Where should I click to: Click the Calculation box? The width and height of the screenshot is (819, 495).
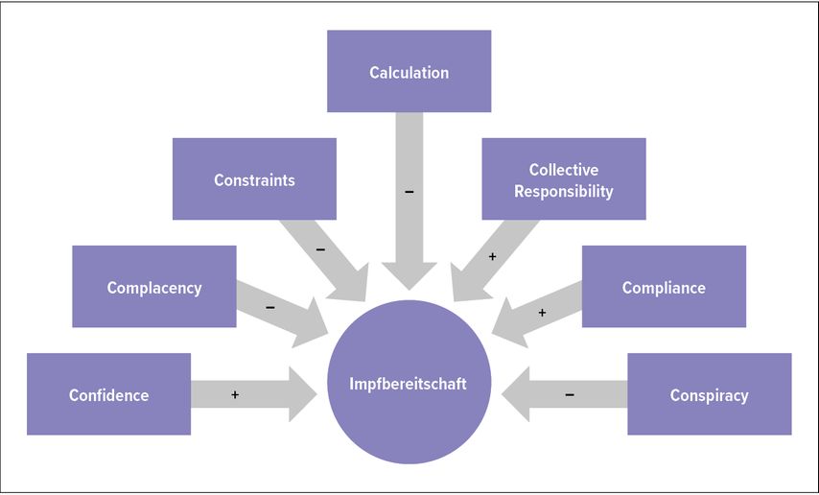point(409,72)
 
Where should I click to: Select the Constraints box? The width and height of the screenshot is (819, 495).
point(254,179)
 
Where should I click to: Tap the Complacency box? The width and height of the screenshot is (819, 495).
point(154,287)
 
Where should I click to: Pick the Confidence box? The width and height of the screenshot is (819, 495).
point(108,394)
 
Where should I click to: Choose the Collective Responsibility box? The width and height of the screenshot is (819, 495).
point(563,179)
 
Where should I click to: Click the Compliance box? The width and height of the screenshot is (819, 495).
point(664,287)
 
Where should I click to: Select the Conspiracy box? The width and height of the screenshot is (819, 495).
point(710,394)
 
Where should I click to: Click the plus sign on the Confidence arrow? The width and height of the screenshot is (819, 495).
point(234,394)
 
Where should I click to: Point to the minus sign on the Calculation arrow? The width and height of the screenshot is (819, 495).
point(409,192)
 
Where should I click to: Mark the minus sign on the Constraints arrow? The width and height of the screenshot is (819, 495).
point(320,249)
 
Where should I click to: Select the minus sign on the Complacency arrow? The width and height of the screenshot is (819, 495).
point(269,308)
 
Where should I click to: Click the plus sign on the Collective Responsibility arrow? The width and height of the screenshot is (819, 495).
point(492,257)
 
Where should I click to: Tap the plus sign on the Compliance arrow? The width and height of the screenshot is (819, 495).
point(542,312)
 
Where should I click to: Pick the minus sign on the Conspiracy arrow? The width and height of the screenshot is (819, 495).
point(570,394)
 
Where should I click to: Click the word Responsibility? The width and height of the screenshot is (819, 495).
point(563,191)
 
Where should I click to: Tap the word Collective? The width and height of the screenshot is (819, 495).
point(563,170)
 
